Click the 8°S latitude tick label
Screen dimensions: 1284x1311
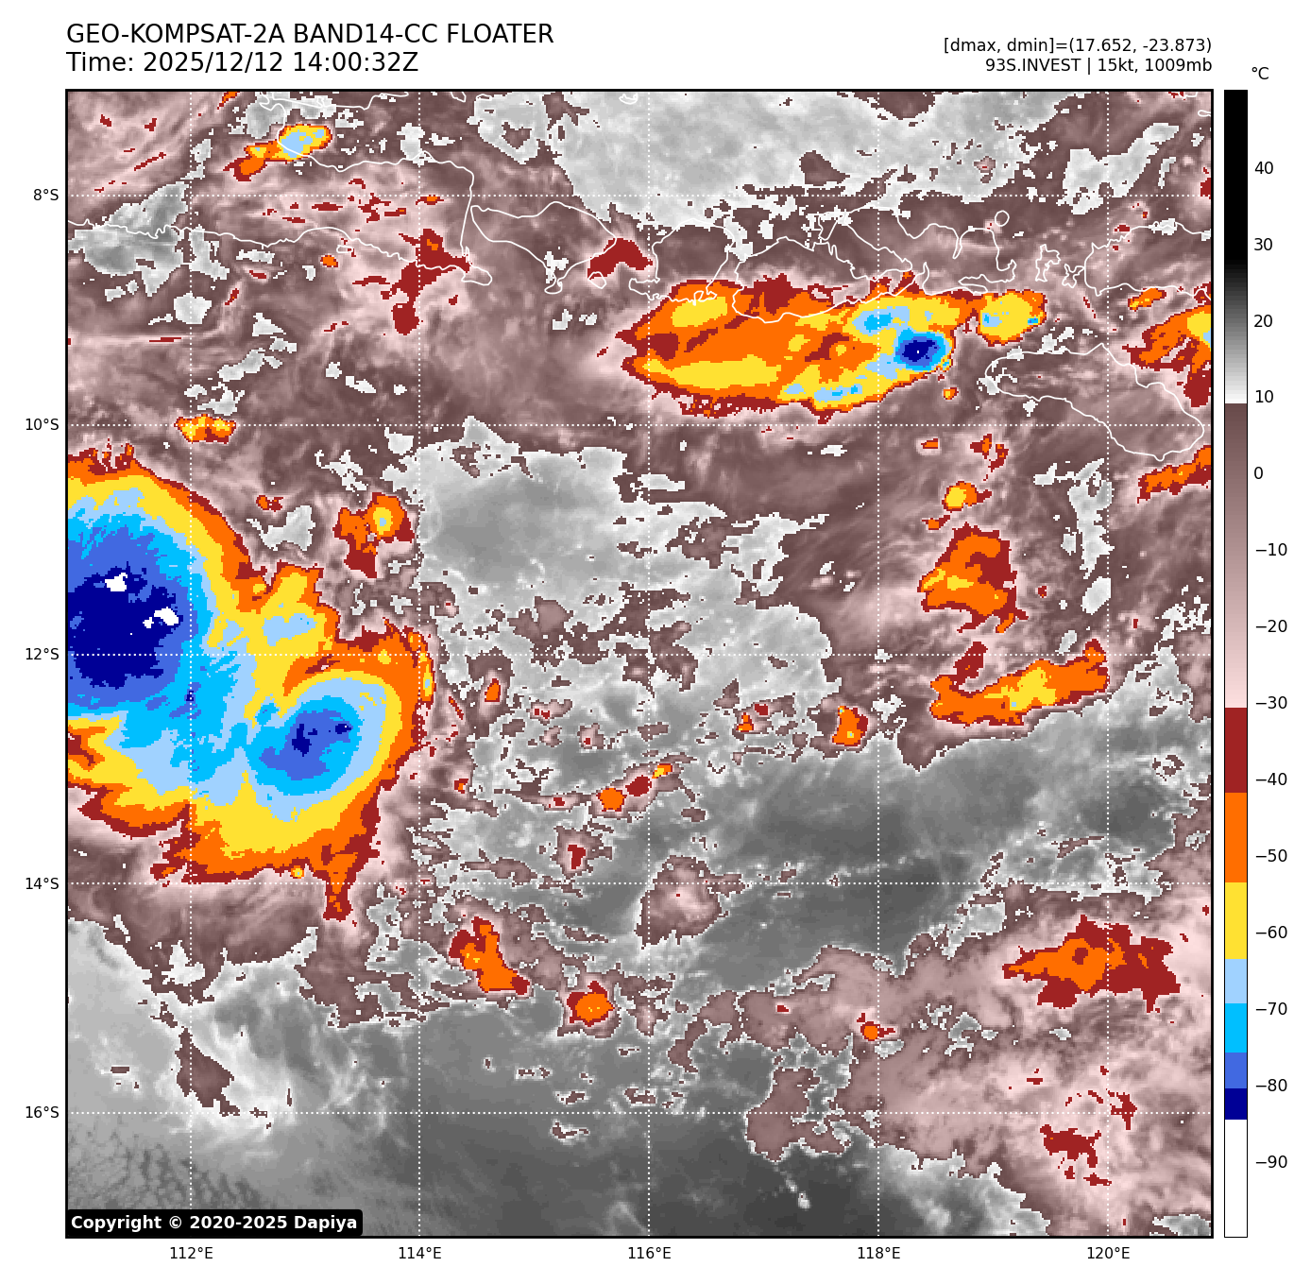tap(45, 196)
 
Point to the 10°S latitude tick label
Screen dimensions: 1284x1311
tap(42, 425)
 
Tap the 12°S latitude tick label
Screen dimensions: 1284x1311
tap(42, 654)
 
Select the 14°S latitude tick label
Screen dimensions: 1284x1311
tap(42, 883)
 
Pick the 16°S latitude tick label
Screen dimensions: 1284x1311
tap(42, 1112)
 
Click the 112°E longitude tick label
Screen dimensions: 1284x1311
tap(191, 1254)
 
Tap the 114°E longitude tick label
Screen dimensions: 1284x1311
tap(419, 1254)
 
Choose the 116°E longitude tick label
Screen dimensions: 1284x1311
tap(649, 1254)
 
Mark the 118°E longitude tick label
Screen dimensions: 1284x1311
tap(878, 1254)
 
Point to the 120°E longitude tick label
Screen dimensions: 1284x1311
tap(1108, 1254)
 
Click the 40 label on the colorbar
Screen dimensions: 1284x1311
tap(1264, 168)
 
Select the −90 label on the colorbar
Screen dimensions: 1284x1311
tap(1270, 1162)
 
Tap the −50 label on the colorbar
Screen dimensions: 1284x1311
tap(1270, 856)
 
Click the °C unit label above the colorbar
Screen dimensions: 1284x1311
tap(1260, 74)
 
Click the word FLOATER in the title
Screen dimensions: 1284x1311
tap(500, 35)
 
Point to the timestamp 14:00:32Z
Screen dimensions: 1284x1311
tap(280, 63)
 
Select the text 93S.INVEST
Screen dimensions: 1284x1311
tap(1032, 65)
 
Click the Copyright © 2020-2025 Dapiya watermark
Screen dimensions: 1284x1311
tap(214, 1223)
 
